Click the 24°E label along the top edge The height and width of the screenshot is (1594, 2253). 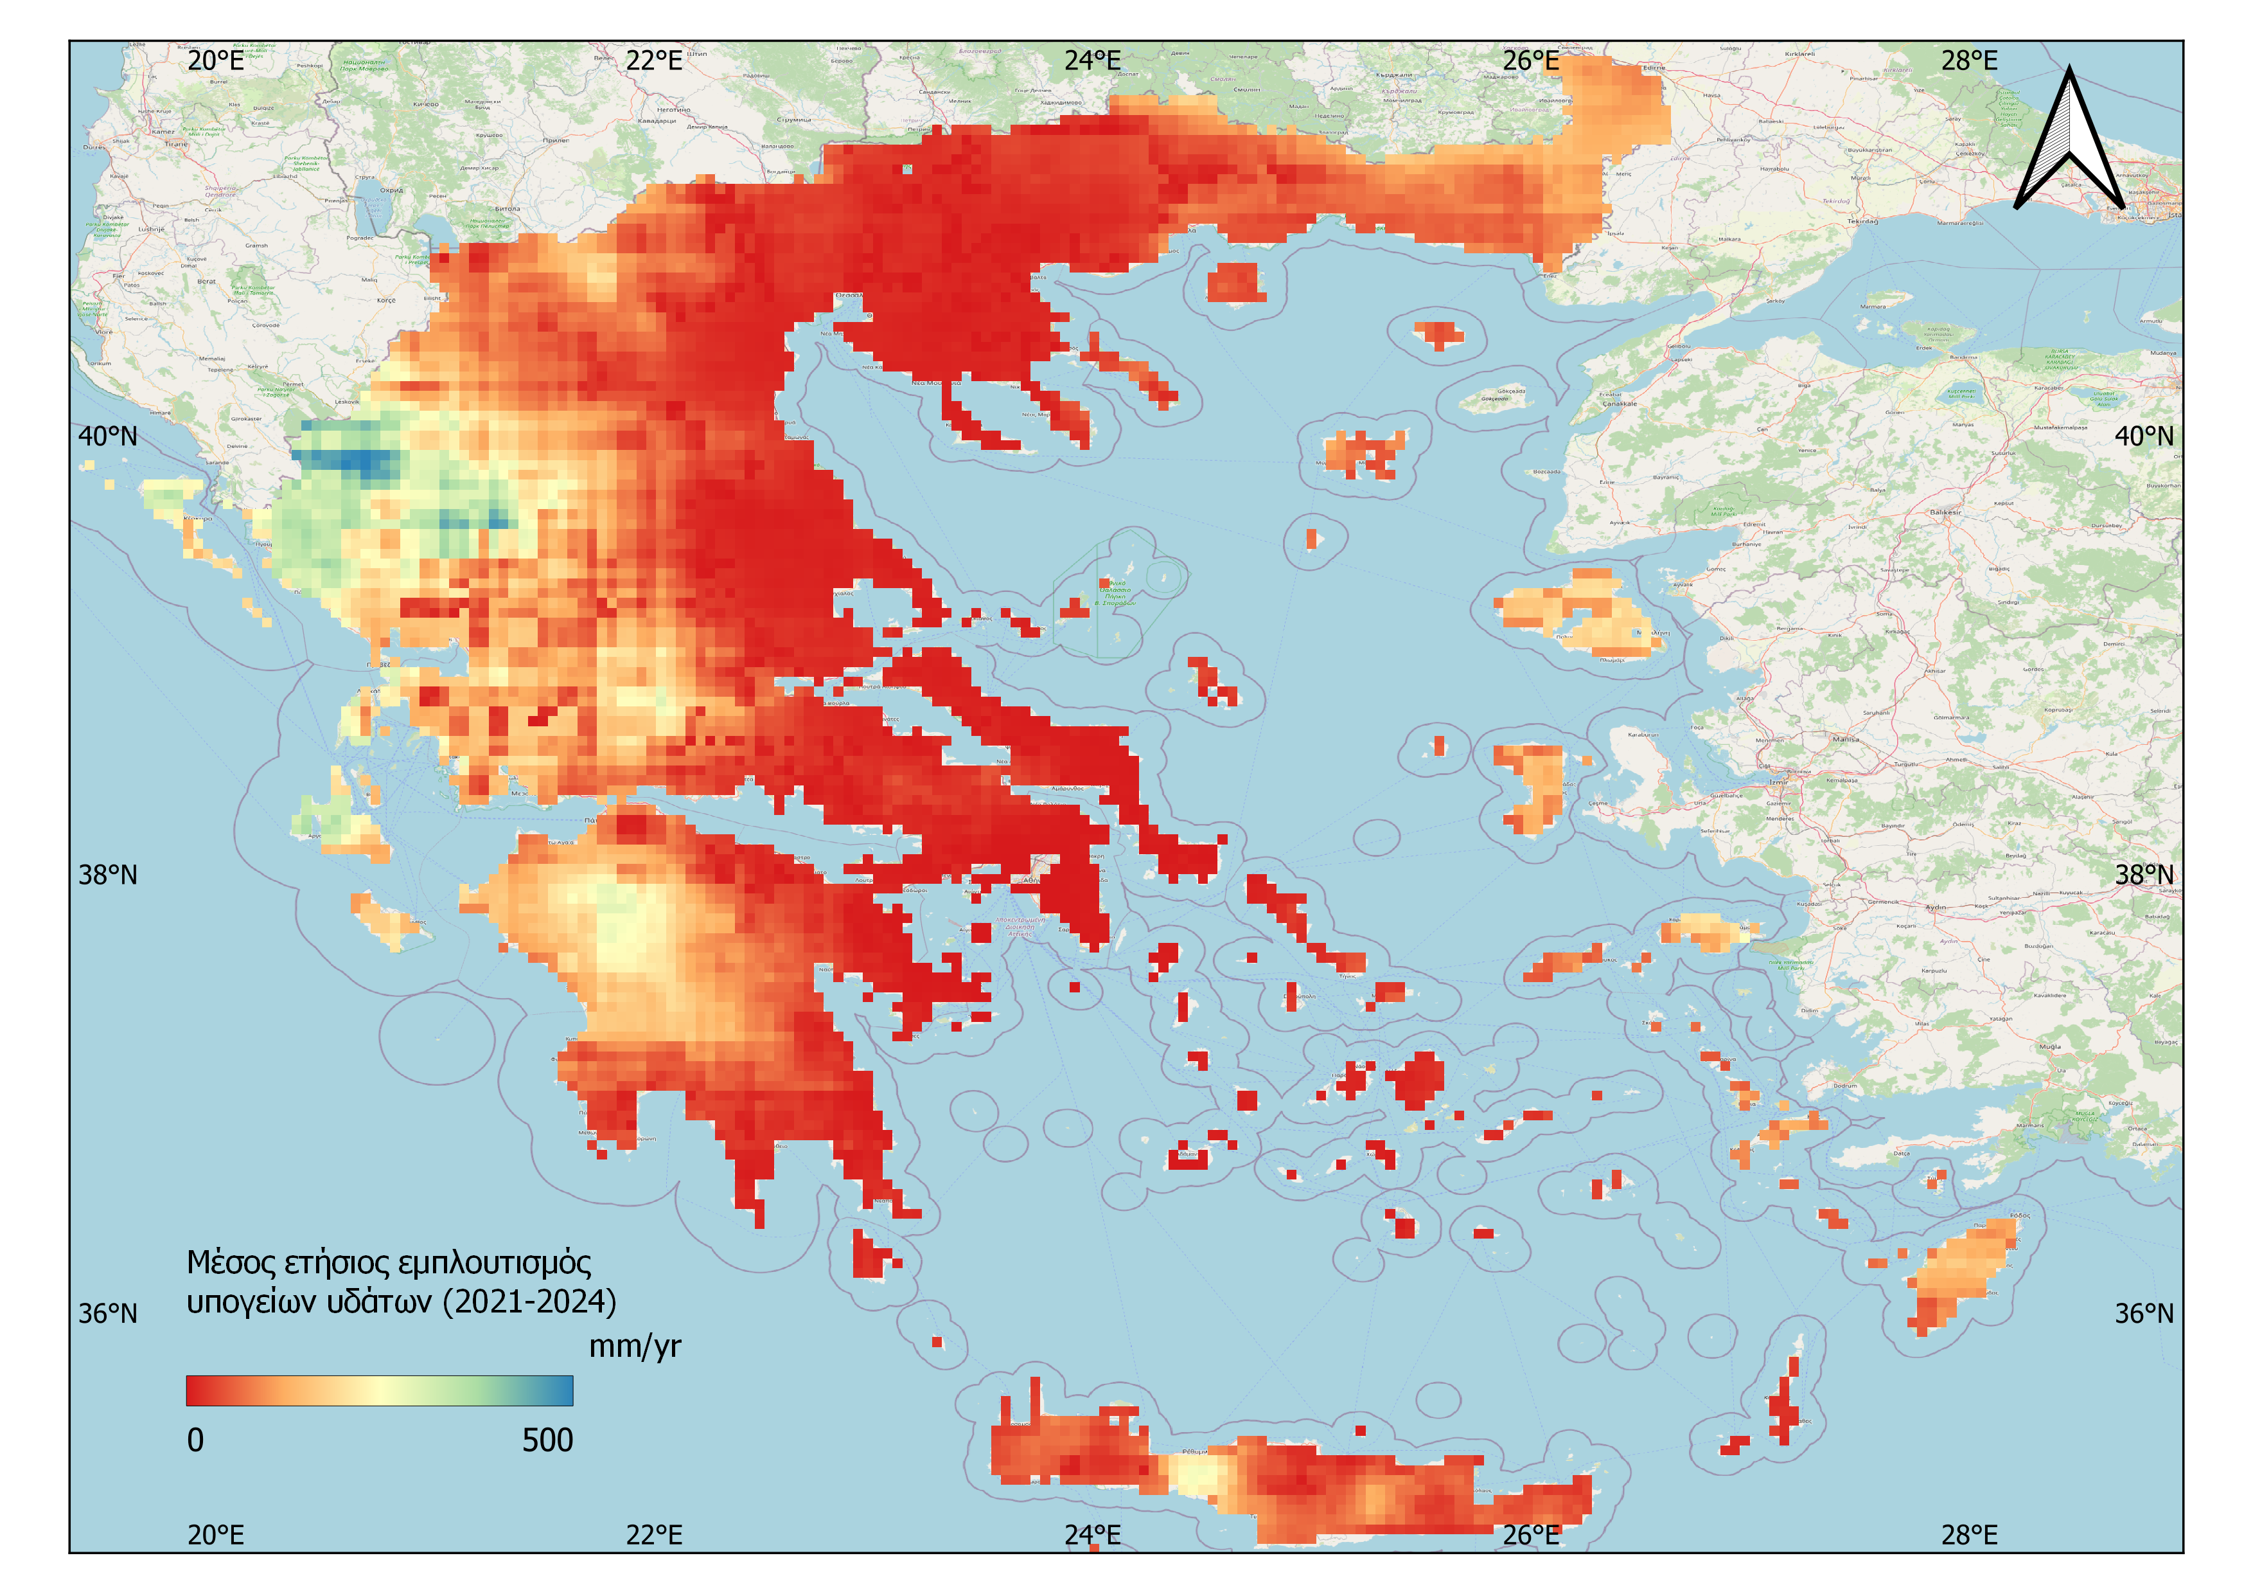coord(1092,61)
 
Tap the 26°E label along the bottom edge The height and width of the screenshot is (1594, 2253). coord(1531,1535)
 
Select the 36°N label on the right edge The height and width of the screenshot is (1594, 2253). coord(2144,1313)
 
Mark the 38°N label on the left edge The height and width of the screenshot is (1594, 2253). coord(108,875)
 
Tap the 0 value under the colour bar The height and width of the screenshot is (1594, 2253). coord(195,1440)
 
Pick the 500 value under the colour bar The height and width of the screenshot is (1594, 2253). coord(547,1440)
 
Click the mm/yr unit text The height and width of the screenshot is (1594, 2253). coord(634,1347)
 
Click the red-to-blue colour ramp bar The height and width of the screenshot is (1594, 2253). coord(379,1390)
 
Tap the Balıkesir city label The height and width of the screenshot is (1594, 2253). coord(1945,512)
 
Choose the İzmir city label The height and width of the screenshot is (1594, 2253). coord(1778,782)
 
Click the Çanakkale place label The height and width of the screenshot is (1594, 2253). coord(1619,404)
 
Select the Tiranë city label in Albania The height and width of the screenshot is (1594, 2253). coord(177,143)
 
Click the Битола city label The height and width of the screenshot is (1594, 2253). coord(508,209)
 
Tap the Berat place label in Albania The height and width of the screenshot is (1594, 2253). coord(206,282)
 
